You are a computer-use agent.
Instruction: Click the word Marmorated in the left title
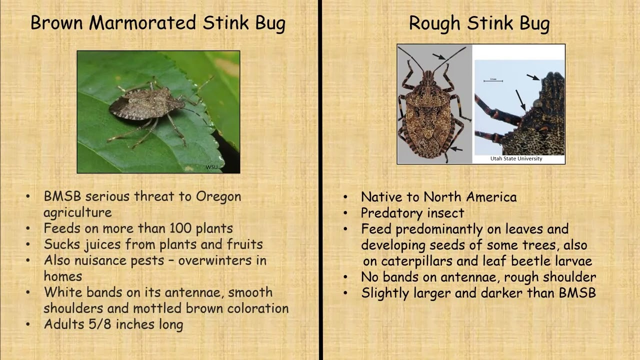142,22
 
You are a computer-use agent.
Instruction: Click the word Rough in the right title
434,23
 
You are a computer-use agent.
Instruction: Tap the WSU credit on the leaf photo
211,167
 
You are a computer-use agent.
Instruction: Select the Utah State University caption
516,158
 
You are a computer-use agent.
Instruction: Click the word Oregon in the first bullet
218,197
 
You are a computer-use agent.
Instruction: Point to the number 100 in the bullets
180,228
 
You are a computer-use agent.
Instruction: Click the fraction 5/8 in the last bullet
99,324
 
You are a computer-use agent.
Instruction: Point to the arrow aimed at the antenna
439,56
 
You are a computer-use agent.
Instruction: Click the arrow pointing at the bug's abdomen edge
456,149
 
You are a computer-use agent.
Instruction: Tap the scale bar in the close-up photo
493,81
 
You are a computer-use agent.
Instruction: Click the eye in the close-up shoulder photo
537,103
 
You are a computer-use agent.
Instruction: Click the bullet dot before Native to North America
345,197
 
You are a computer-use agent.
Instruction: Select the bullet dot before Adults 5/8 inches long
27,324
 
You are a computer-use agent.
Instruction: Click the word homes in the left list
63,276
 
